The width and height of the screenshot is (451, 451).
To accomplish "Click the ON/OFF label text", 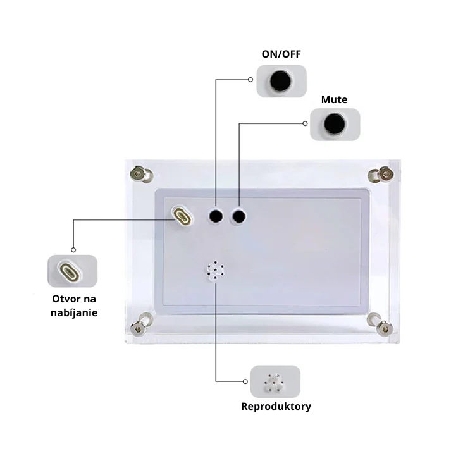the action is coord(281,54).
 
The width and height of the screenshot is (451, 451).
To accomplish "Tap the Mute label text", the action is coord(334,99).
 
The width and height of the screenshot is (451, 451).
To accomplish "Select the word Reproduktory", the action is coord(276,407).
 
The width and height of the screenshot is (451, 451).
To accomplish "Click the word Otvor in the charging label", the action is coord(63,299).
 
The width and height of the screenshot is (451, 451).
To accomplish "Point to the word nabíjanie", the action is coord(74,313).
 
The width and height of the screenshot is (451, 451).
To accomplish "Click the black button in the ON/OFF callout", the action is coord(280,80).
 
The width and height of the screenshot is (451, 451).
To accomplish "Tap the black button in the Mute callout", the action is coord(334,124).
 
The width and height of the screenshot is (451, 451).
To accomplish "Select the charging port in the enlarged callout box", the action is coord(68,271).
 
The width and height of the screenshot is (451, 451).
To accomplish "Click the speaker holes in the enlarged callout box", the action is coord(274,383).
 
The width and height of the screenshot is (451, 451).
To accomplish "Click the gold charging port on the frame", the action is coord(182,216).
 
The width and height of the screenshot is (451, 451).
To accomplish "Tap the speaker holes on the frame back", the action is coord(215,270).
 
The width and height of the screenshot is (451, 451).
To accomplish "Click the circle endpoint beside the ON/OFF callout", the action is coord(250,80).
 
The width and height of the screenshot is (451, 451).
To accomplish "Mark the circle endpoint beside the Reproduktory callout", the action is coord(245,381).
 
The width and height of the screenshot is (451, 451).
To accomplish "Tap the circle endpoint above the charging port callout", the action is coord(73,250).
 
